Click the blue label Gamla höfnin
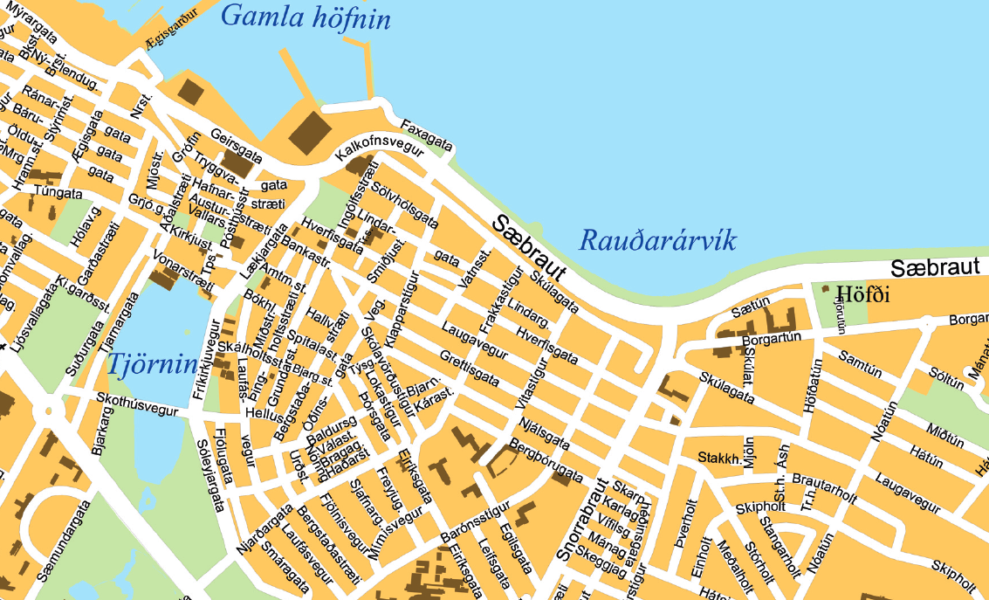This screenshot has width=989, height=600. pyautogui.click(x=305, y=17)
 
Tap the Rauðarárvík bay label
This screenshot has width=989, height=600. pyautogui.click(x=658, y=240)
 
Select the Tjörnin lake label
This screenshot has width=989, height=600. pyautogui.click(x=153, y=365)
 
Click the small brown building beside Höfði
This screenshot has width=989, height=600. pyautogui.click(x=825, y=288)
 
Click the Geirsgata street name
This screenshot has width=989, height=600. pyautogui.click(x=237, y=145)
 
